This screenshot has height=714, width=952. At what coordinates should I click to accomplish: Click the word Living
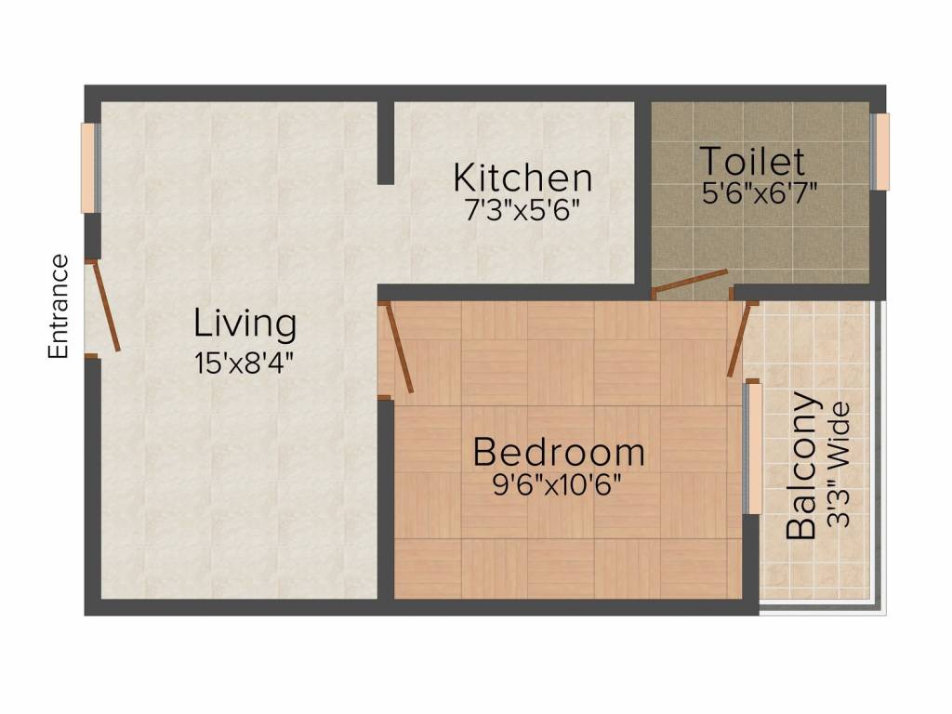[x=245, y=324]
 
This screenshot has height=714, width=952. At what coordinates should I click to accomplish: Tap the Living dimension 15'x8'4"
[x=245, y=361]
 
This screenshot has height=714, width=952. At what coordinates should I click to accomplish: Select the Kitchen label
[x=522, y=177]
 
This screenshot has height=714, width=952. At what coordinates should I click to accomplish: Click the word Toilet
[x=752, y=162]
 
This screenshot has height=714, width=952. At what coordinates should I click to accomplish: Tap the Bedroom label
[x=559, y=452]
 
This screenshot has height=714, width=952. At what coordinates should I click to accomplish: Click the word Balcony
[x=802, y=467]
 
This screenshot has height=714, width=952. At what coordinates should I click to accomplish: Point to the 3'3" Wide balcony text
[x=840, y=465]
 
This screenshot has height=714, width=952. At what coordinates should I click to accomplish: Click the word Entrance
[x=59, y=307]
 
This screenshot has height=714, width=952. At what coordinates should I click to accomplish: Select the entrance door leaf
[x=105, y=308]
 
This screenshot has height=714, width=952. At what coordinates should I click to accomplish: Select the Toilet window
[x=879, y=152]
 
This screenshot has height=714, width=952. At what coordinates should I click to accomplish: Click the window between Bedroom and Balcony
[x=754, y=448]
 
